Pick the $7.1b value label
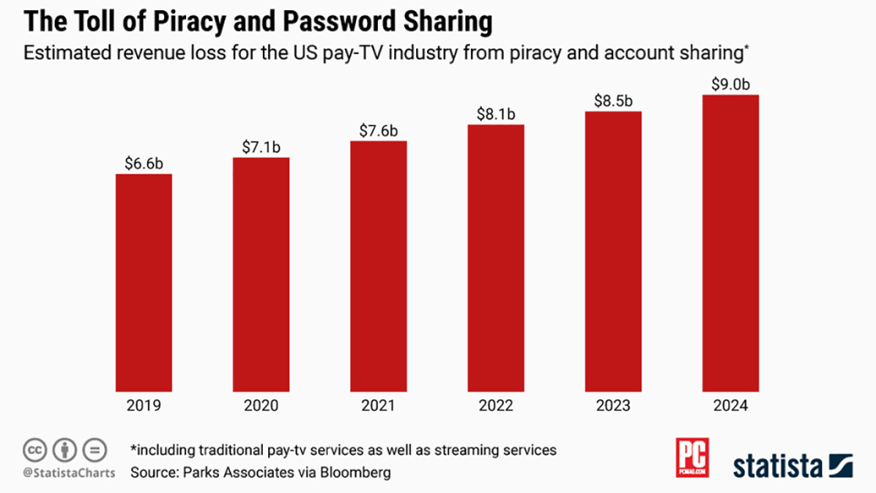[x=261, y=146]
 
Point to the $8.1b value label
[x=496, y=113]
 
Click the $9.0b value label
[x=731, y=84]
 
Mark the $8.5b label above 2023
[x=613, y=100]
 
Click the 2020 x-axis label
[x=261, y=405]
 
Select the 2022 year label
[x=496, y=405]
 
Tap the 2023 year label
[x=613, y=405]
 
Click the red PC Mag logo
[x=692, y=458]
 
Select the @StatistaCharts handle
[x=69, y=473]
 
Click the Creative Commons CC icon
[x=34, y=451]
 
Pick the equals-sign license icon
[x=93, y=451]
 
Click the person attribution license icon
[x=64, y=451]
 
